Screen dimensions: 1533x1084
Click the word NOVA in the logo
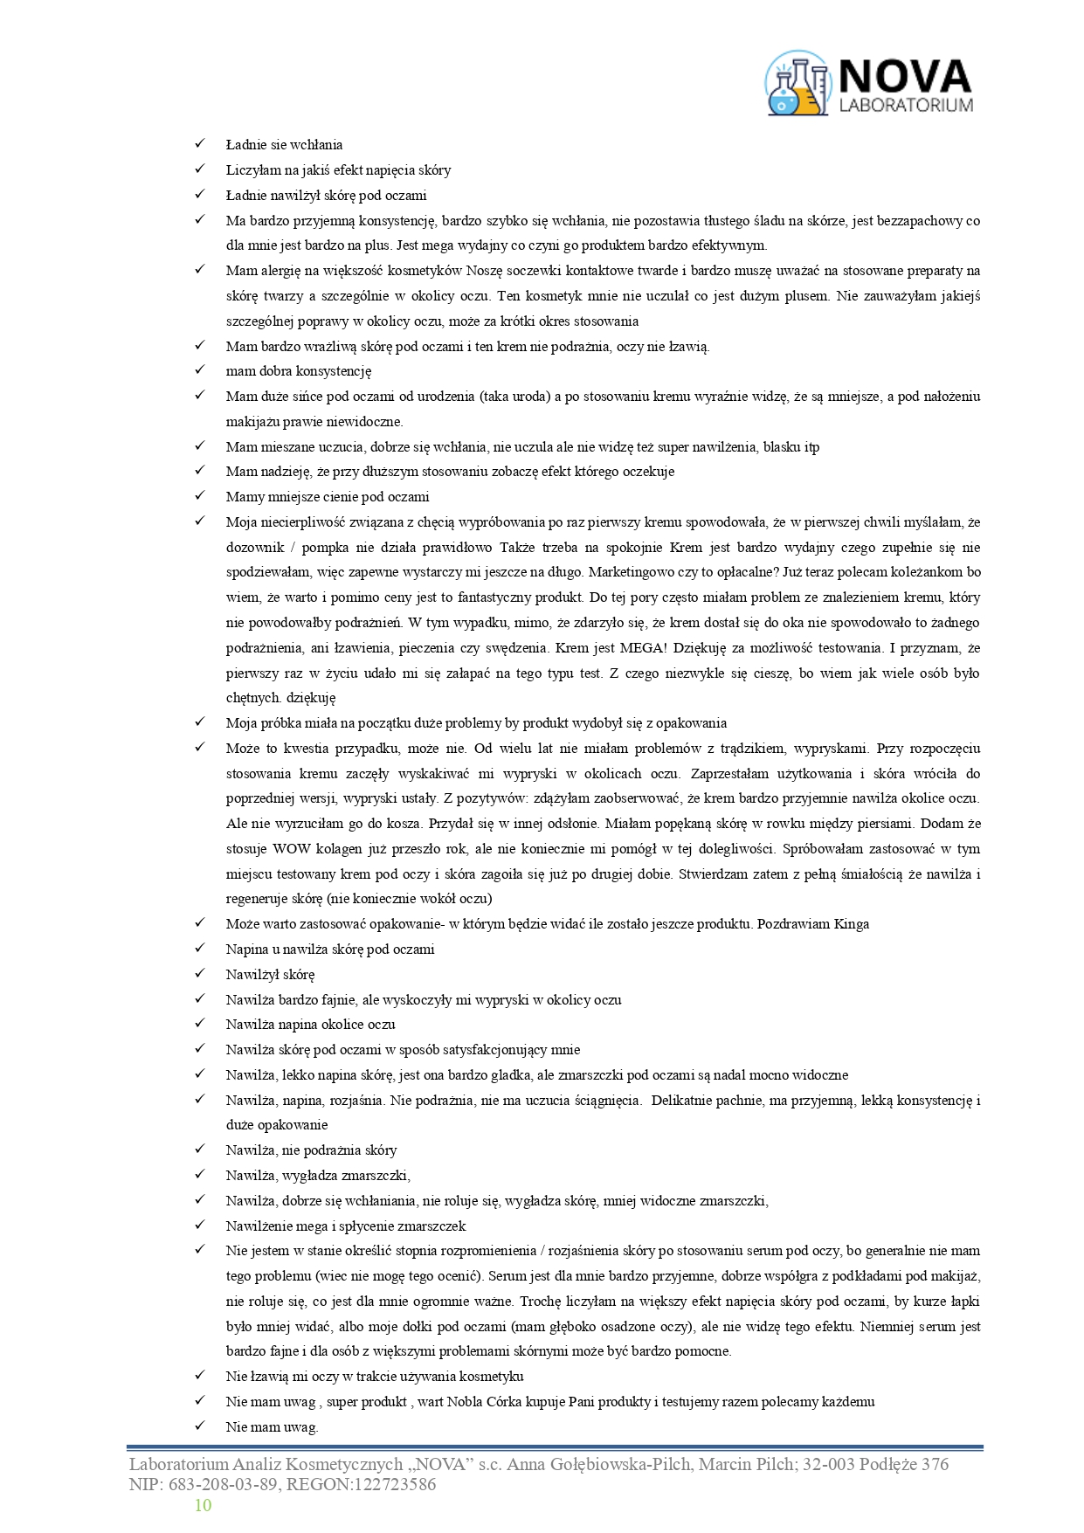pyautogui.click(x=905, y=76)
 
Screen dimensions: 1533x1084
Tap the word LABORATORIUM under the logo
pyautogui.click(x=905, y=106)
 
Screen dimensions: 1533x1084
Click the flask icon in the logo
pyautogui.click(x=797, y=85)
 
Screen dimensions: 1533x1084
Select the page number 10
pyautogui.click(x=203, y=1505)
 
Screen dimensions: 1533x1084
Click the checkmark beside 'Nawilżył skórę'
pyautogui.click(x=199, y=974)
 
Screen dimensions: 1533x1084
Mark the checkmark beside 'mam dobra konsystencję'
pyautogui.click(x=199, y=370)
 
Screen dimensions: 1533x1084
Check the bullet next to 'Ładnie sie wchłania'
pyautogui.click(x=199, y=144)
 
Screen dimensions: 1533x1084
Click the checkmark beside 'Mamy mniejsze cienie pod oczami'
pyautogui.click(x=199, y=496)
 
